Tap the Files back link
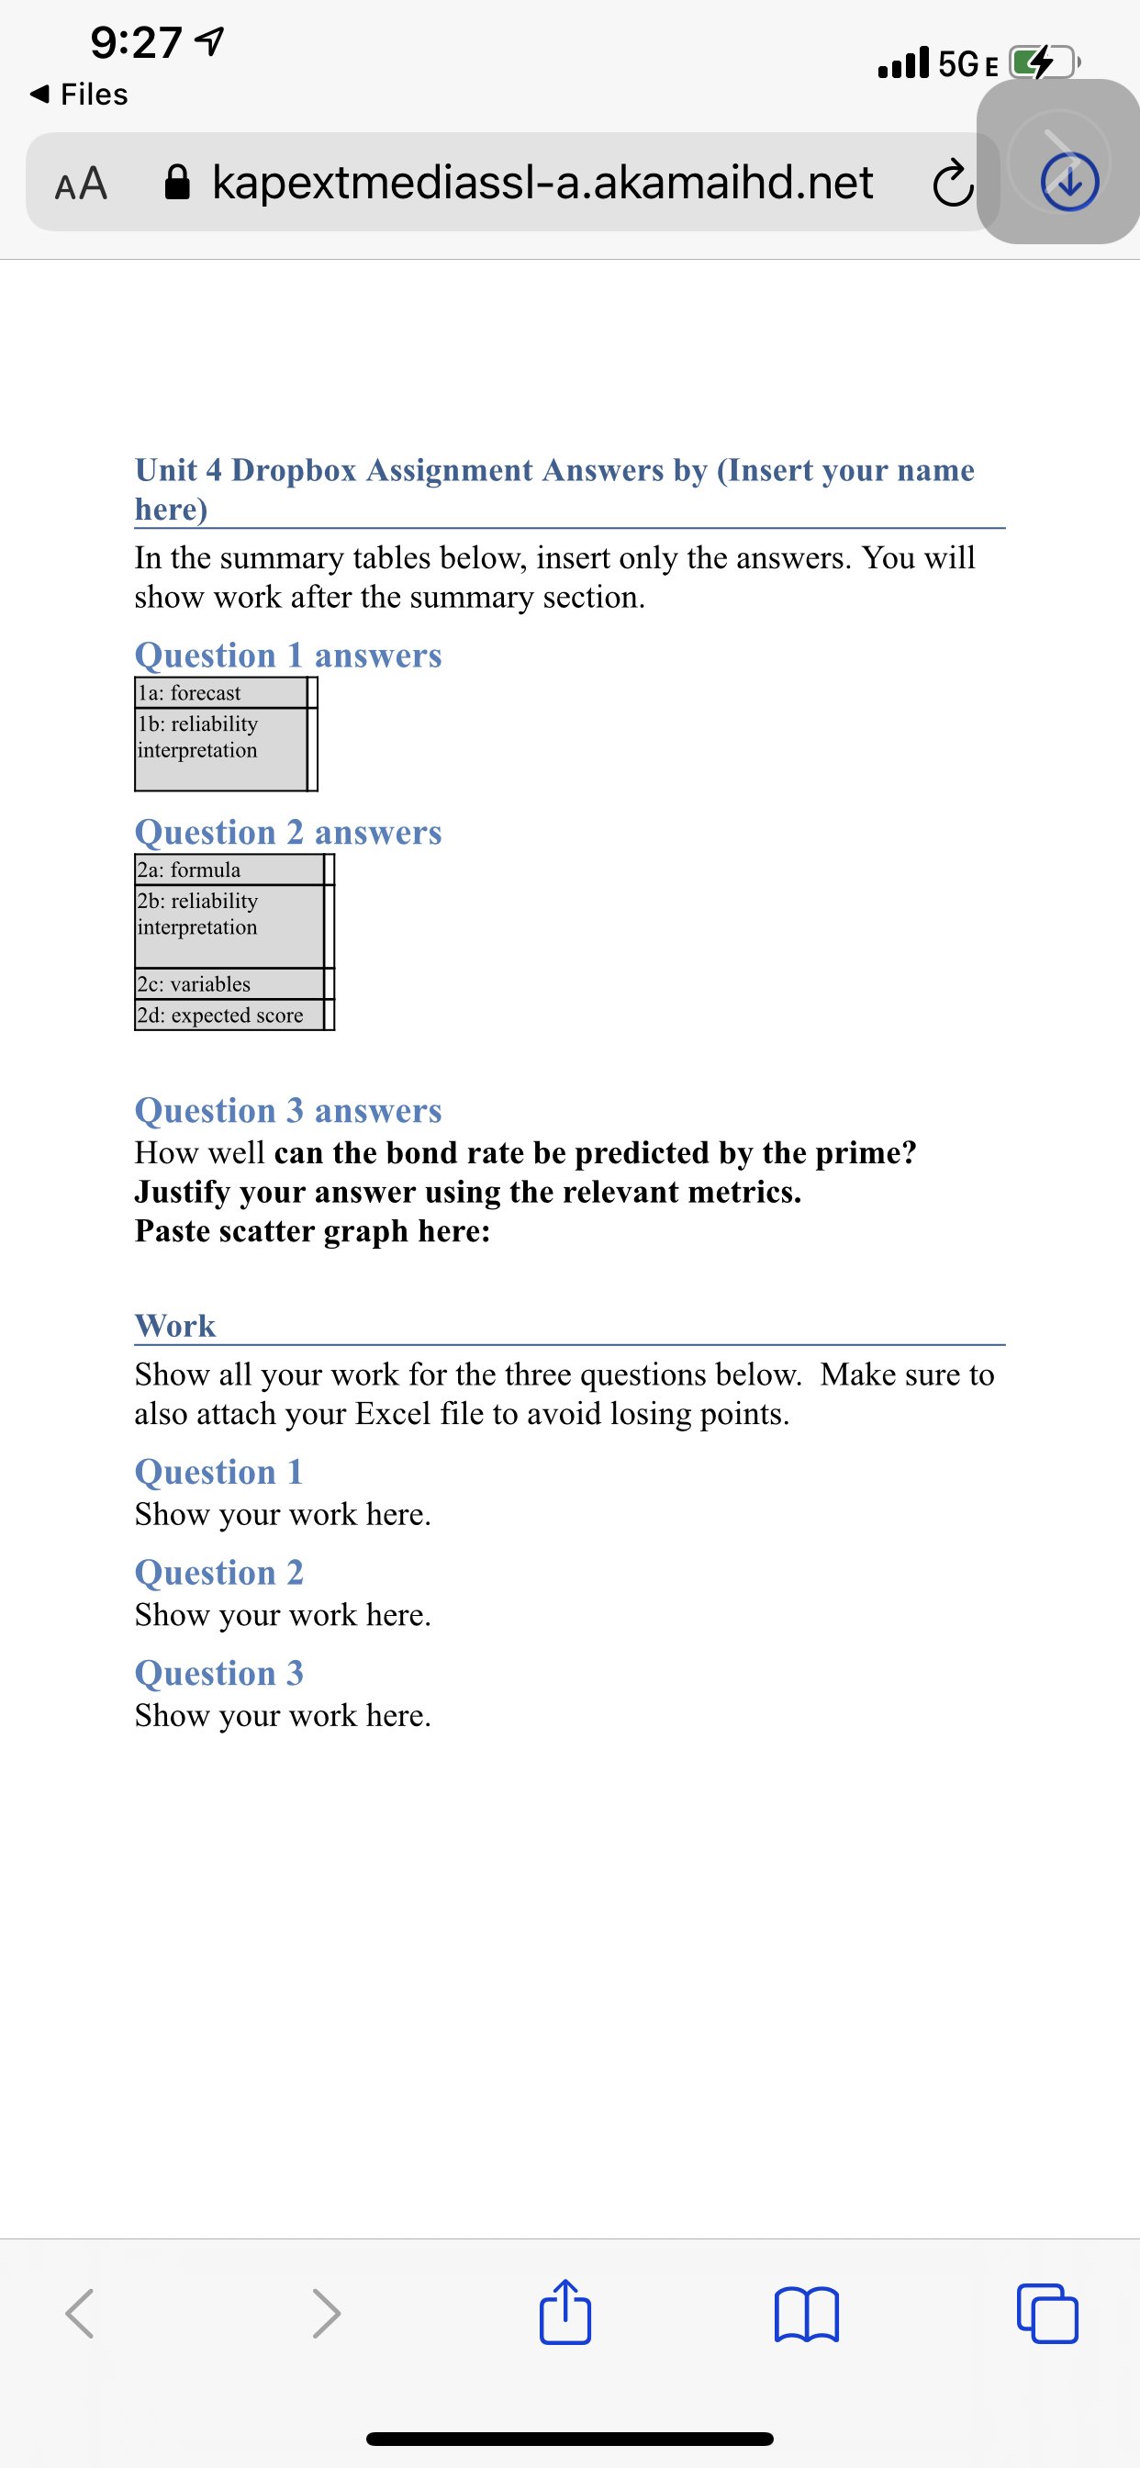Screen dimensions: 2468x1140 (x=81, y=94)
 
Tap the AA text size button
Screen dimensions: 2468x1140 (x=81, y=182)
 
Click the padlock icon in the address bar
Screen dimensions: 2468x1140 (x=177, y=181)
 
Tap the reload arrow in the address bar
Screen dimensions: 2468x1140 (x=952, y=184)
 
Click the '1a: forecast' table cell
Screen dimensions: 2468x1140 (x=220, y=691)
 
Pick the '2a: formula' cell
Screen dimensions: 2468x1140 (x=228, y=869)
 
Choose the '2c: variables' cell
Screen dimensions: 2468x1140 (x=228, y=983)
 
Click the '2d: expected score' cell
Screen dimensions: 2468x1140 (x=228, y=1015)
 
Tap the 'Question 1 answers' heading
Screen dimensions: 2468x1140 (x=287, y=656)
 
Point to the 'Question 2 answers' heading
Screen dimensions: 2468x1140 (x=287, y=832)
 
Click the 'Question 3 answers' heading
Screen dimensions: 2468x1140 (x=287, y=1109)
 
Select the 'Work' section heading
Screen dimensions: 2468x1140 (x=175, y=1325)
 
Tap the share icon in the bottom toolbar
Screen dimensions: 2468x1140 (x=565, y=2313)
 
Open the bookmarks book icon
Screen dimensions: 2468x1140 (x=806, y=2314)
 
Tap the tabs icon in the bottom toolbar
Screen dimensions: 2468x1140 (x=1047, y=2314)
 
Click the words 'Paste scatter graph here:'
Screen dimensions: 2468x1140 (x=312, y=1231)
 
